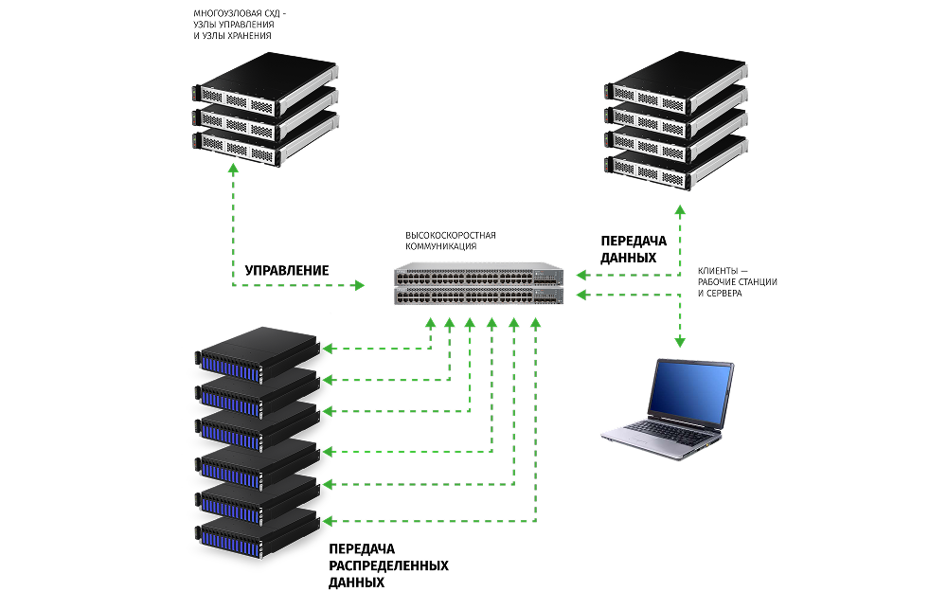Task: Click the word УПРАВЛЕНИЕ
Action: coord(287,270)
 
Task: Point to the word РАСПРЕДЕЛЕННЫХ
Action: coord(388,565)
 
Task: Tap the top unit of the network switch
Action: coord(479,276)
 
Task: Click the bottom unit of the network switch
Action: coord(479,296)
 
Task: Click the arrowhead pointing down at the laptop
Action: coord(679,342)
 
